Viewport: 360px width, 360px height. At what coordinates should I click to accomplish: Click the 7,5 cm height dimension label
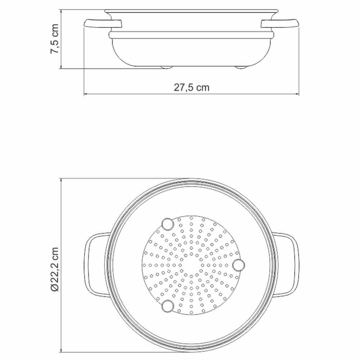[54, 39]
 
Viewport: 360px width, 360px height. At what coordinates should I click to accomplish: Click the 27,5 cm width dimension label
[192, 87]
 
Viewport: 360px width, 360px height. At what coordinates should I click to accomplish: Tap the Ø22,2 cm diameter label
[55, 269]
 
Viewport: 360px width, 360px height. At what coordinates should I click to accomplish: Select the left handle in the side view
[103, 24]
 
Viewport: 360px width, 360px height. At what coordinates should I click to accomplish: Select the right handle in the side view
[280, 24]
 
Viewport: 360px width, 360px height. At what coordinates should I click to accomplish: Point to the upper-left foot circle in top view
[168, 224]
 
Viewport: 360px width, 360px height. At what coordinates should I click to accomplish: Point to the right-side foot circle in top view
[239, 265]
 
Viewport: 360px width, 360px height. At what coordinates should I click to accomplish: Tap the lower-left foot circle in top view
[168, 306]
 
